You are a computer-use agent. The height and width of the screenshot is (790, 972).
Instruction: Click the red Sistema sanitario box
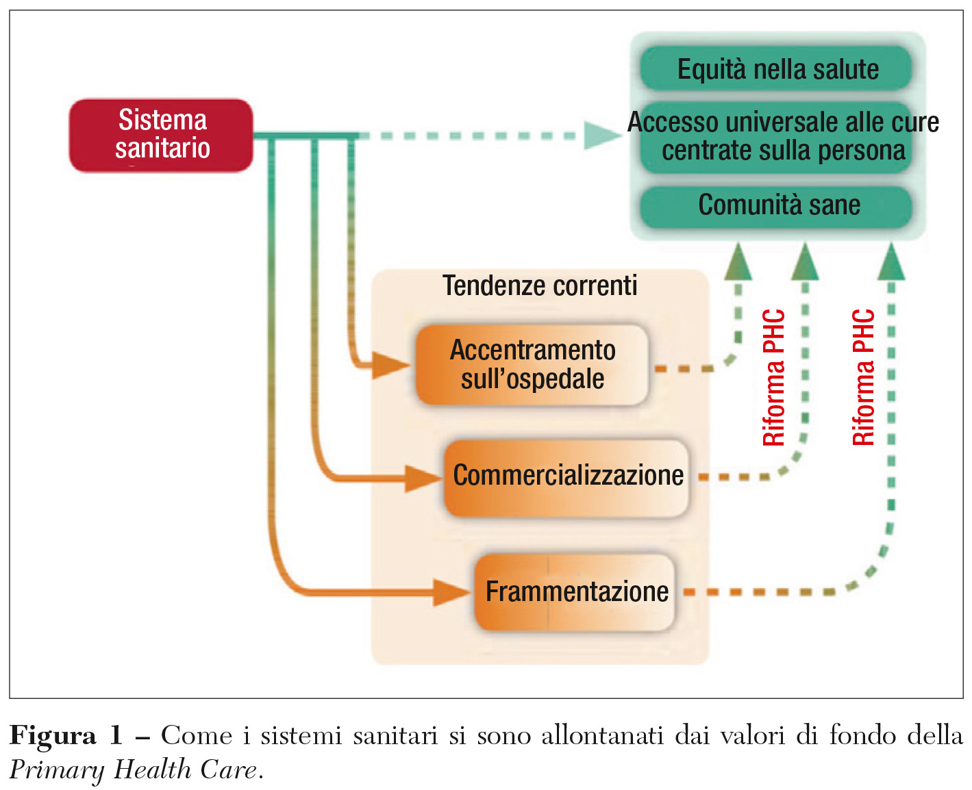click(162, 135)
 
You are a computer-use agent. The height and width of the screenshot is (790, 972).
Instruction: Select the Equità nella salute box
click(777, 69)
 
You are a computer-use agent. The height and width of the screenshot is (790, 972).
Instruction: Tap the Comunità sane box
click(777, 205)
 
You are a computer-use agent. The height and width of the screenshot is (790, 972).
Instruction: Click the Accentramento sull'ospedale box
click(532, 365)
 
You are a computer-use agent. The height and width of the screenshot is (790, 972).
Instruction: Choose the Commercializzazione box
click(567, 476)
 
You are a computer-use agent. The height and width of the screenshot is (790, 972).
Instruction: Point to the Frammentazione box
click(575, 591)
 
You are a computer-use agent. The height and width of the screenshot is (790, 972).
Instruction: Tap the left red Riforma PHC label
click(774, 378)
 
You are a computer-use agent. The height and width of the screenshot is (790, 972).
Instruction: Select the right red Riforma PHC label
click(864, 378)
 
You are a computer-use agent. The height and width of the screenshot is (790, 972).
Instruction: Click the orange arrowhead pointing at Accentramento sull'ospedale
click(391, 365)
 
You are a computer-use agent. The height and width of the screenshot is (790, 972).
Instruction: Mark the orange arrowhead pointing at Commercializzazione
click(423, 477)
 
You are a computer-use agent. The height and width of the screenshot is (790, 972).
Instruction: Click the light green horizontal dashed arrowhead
click(601, 135)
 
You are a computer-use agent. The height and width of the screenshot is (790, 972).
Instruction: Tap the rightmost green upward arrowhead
click(891, 264)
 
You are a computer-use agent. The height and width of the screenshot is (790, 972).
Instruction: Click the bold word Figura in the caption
click(53, 736)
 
